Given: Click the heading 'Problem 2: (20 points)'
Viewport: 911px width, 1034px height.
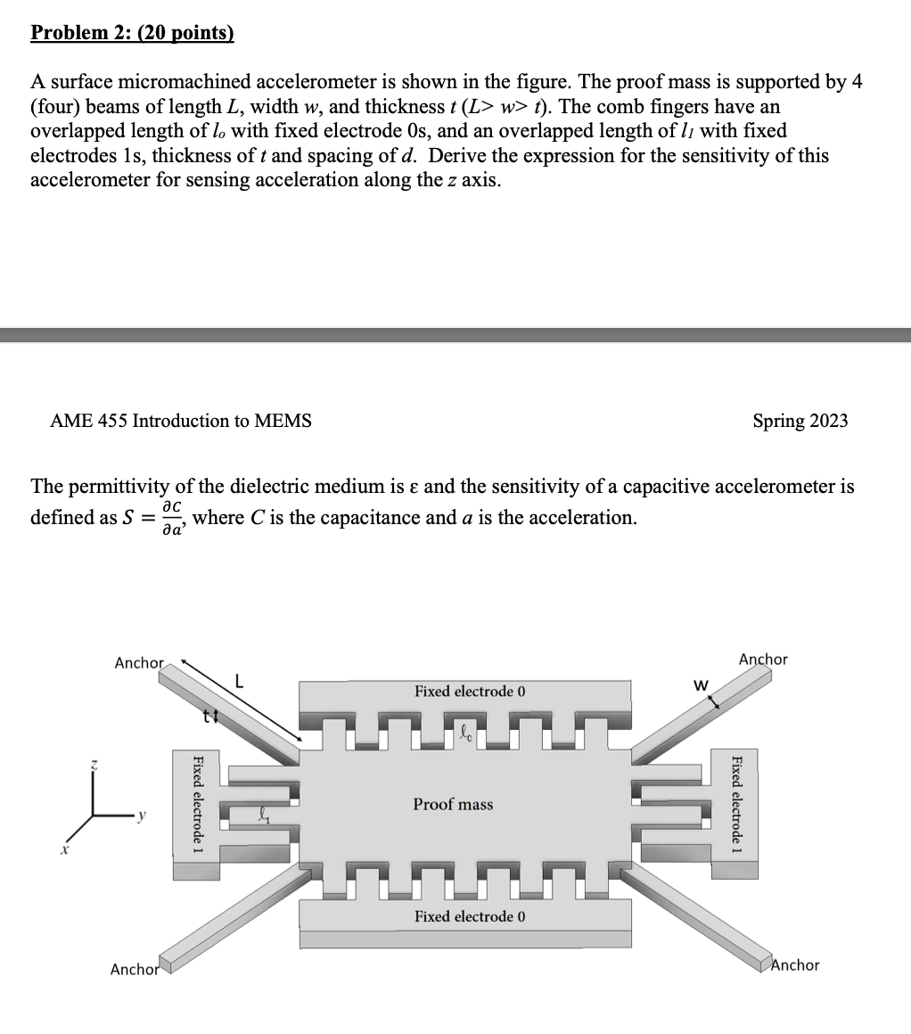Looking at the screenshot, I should pyautogui.click(x=132, y=33).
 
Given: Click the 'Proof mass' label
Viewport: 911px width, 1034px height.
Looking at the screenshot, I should pyautogui.click(x=453, y=804).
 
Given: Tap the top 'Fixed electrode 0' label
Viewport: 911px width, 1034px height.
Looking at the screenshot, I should pyautogui.click(x=470, y=692).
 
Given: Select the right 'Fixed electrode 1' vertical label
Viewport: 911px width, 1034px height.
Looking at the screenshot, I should pyautogui.click(x=736, y=800).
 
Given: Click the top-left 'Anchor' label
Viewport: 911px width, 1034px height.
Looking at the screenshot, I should pyautogui.click(x=139, y=663).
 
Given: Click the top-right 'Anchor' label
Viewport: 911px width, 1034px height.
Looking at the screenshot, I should pyautogui.click(x=764, y=660).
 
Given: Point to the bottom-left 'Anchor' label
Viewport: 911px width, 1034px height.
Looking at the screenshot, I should pyautogui.click(x=134, y=969).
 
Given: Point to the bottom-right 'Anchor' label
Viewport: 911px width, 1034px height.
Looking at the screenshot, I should pyautogui.click(x=794, y=964).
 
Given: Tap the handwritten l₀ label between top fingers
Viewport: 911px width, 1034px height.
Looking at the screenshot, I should pyautogui.click(x=465, y=734).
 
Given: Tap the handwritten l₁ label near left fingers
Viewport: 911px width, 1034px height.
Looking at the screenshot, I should pyautogui.click(x=262, y=813).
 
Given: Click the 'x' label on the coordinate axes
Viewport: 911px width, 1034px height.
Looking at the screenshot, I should pyautogui.click(x=63, y=853).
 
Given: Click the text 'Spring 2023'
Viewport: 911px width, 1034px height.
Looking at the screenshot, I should pyautogui.click(x=800, y=421).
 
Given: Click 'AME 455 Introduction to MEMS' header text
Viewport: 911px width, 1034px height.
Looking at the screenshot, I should pyautogui.click(x=182, y=421).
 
